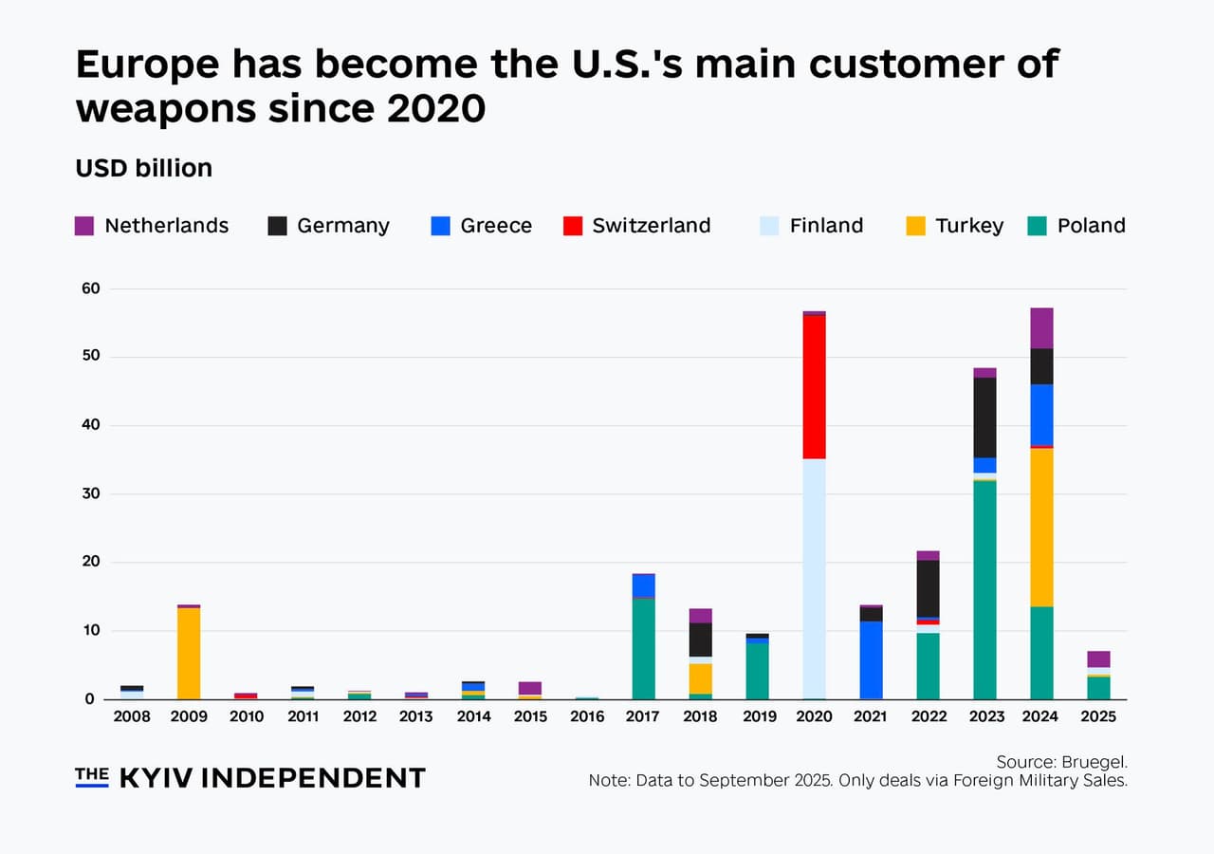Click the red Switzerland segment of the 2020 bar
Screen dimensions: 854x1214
click(x=814, y=386)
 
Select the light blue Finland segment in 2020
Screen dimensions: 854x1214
click(x=814, y=578)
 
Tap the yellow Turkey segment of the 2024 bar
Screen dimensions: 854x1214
click(x=1041, y=527)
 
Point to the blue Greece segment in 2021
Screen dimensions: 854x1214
click(x=871, y=659)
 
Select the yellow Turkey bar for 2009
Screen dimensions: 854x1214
click(x=189, y=653)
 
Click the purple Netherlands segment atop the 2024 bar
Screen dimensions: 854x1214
click(x=1041, y=328)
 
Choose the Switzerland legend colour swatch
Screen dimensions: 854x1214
click(x=571, y=226)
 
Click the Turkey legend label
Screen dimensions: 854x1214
click(x=968, y=226)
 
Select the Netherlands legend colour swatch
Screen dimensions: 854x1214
click(x=84, y=226)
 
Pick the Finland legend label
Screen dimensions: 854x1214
click(x=826, y=226)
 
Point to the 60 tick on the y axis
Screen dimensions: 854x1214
click(x=91, y=288)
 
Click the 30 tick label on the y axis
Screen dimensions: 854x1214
click(x=91, y=493)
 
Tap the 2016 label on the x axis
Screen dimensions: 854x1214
click(x=587, y=717)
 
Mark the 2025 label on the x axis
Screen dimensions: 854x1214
click(x=1097, y=717)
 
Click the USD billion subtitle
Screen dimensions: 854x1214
click(x=143, y=168)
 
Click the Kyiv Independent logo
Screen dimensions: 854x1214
click(x=250, y=778)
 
